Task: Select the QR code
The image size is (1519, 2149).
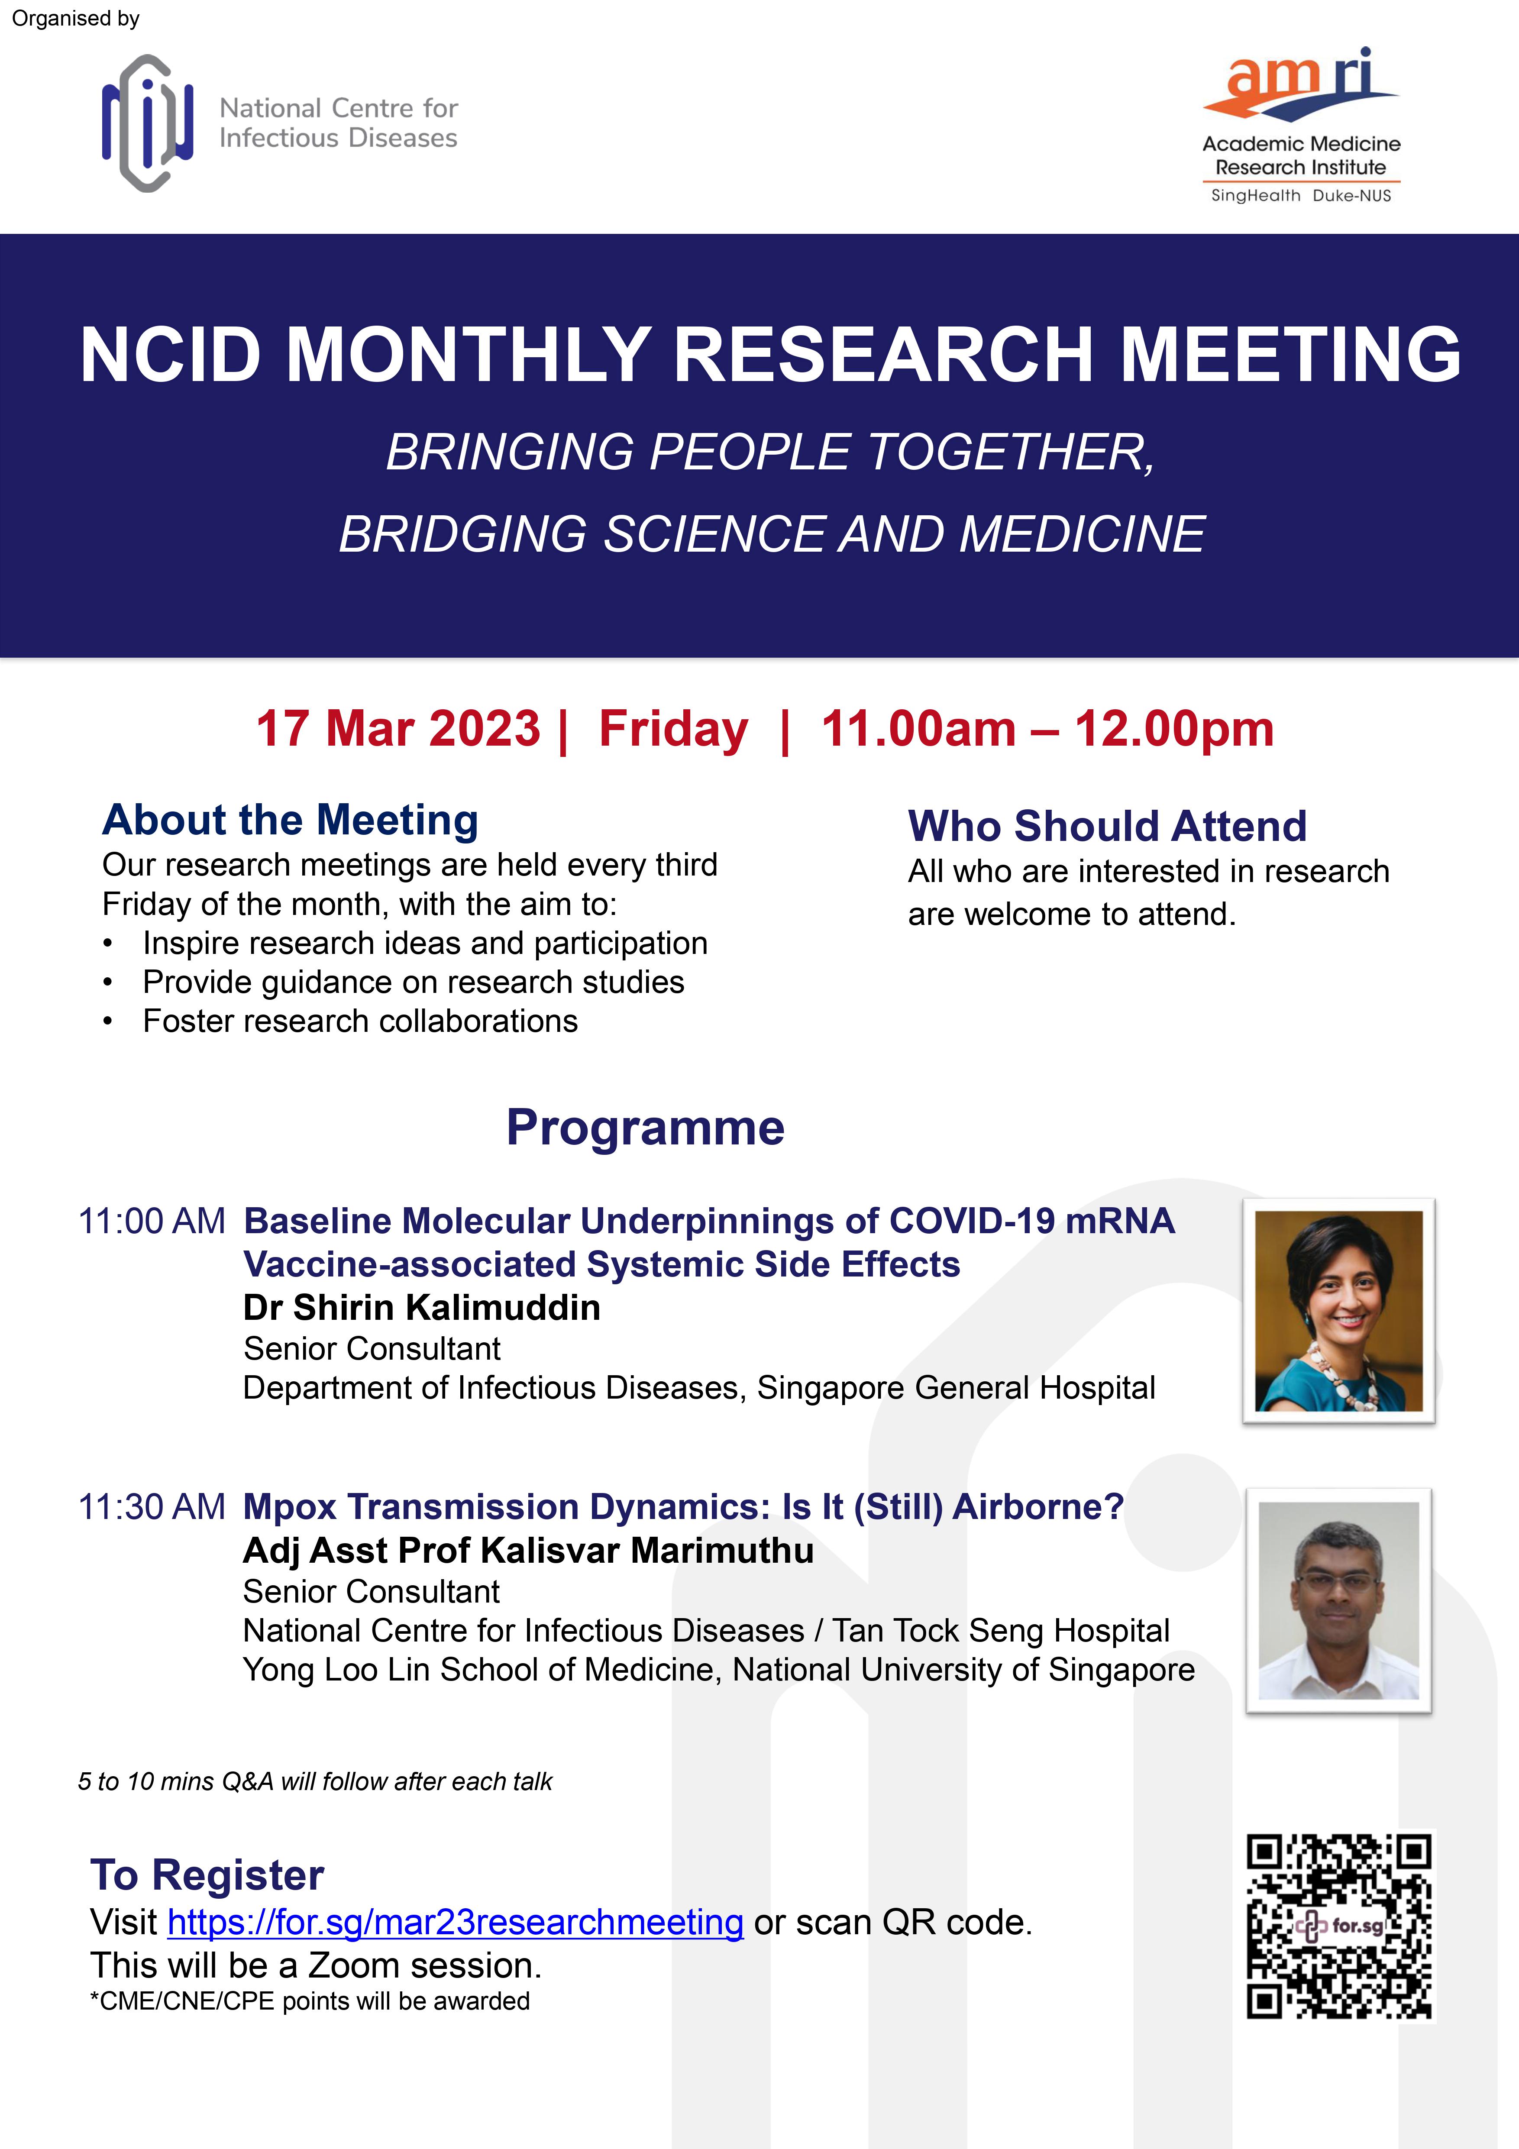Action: tap(1339, 1926)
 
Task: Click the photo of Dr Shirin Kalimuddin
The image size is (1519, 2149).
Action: tap(1338, 1310)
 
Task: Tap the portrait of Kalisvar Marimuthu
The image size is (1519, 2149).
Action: tap(1338, 1600)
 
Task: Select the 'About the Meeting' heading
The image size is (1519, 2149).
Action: tap(290, 820)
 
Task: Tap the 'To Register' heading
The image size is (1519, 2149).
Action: tap(207, 1875)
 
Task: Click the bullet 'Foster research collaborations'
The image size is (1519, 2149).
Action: tap(360, 1021)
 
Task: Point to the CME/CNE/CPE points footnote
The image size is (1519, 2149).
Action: tap(310, 2001)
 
